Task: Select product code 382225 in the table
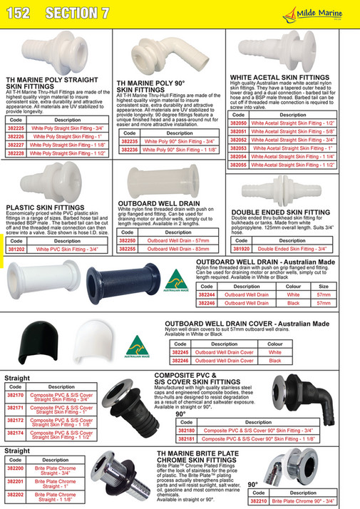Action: pos(16,128)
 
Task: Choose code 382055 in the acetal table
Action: pos(240,165)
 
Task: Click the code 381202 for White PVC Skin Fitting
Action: pos(16,250)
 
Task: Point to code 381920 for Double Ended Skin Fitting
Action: pos(242,250)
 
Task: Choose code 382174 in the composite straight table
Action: pos(16,433)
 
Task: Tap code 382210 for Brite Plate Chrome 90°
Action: pos(259,501)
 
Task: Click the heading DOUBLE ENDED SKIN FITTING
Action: pos(282,212)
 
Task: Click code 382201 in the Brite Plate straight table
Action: pos(16,482)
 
